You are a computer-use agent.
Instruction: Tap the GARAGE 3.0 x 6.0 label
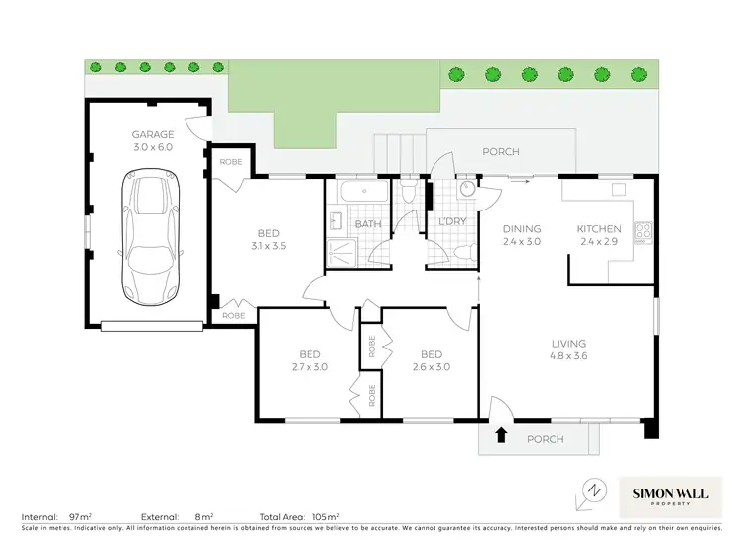point(153,141)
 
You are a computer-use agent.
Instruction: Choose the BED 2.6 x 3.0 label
point(431,360)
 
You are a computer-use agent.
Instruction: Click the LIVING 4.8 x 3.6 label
point(568,351)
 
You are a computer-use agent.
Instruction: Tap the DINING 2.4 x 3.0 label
point(521,235)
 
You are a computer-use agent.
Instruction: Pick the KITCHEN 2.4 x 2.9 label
point(599,235)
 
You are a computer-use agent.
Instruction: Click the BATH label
point(368,224)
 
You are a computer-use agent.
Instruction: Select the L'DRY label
point(451,221)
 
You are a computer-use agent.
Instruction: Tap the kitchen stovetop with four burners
point(642,231)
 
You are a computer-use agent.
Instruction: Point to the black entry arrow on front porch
point(501,434)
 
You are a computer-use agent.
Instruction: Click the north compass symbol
point(593,490)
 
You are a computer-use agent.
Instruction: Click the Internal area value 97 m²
point(80,517)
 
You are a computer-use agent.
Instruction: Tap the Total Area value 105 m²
point(326,517)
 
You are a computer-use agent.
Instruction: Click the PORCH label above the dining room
point(500,152)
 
